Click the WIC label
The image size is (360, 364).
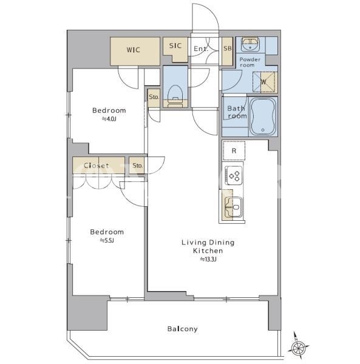[134, 50]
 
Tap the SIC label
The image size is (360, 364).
[175, 45]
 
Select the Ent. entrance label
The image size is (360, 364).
[201, 49]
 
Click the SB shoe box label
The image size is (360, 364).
[228, 48]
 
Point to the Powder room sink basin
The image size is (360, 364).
[250, 44]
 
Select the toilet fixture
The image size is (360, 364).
[175, 96]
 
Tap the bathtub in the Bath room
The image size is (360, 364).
[263, 116]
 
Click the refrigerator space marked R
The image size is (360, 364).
[234, 150]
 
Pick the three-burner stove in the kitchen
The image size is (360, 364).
[234, 175]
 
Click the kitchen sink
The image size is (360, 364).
[233, 207]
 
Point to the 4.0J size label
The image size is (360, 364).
[109, 119]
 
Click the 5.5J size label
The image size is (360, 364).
[107, 240]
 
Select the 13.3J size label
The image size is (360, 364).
[208, 259]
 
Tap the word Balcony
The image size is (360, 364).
[183, 329]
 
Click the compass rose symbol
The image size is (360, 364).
[299, 348]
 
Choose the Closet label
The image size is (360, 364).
[97, 166]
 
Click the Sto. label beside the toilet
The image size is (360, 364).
[154, 96]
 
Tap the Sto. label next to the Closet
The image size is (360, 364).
[137, 166]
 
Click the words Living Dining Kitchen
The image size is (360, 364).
[208, 246]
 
